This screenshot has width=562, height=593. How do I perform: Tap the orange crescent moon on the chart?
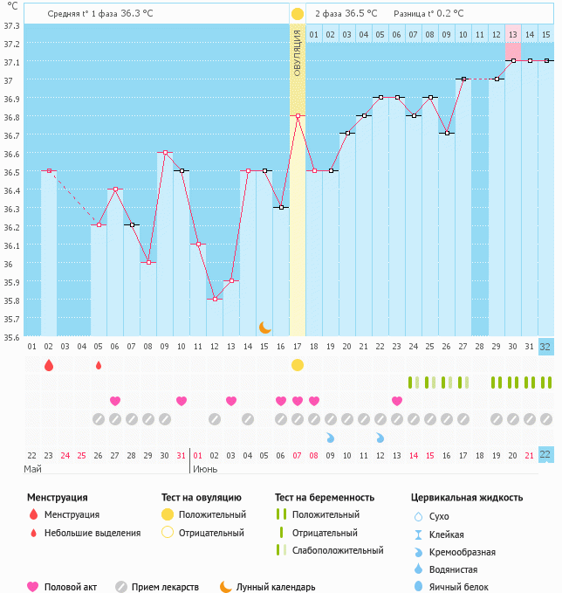264,328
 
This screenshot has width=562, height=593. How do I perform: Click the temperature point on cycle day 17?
298,115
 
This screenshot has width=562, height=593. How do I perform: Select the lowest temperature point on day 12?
215,300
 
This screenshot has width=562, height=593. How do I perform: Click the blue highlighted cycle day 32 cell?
545,347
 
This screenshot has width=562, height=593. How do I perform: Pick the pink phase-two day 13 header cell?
513,34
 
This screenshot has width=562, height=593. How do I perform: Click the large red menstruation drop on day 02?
49,365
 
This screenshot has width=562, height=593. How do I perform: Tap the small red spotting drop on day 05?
99,365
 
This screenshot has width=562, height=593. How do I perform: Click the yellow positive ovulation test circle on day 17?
298,364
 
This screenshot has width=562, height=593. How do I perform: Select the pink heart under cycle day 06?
115,401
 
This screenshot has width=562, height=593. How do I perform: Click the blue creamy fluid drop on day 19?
331,437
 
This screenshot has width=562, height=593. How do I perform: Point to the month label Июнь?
206,469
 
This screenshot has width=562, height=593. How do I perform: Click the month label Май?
32,469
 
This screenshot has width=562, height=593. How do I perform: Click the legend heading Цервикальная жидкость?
467,497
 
